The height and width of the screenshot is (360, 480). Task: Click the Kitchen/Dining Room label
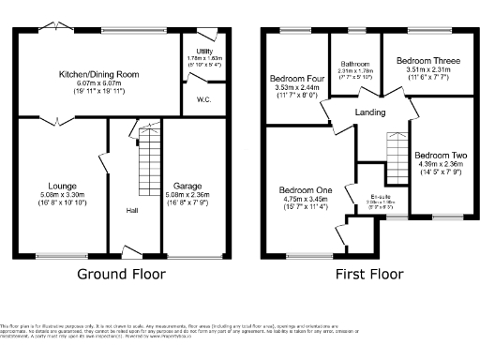98,73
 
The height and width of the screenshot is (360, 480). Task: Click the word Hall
133,210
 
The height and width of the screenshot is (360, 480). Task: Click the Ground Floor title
123,275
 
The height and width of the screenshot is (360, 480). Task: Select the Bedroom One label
304,190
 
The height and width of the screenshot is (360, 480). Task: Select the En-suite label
376,197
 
